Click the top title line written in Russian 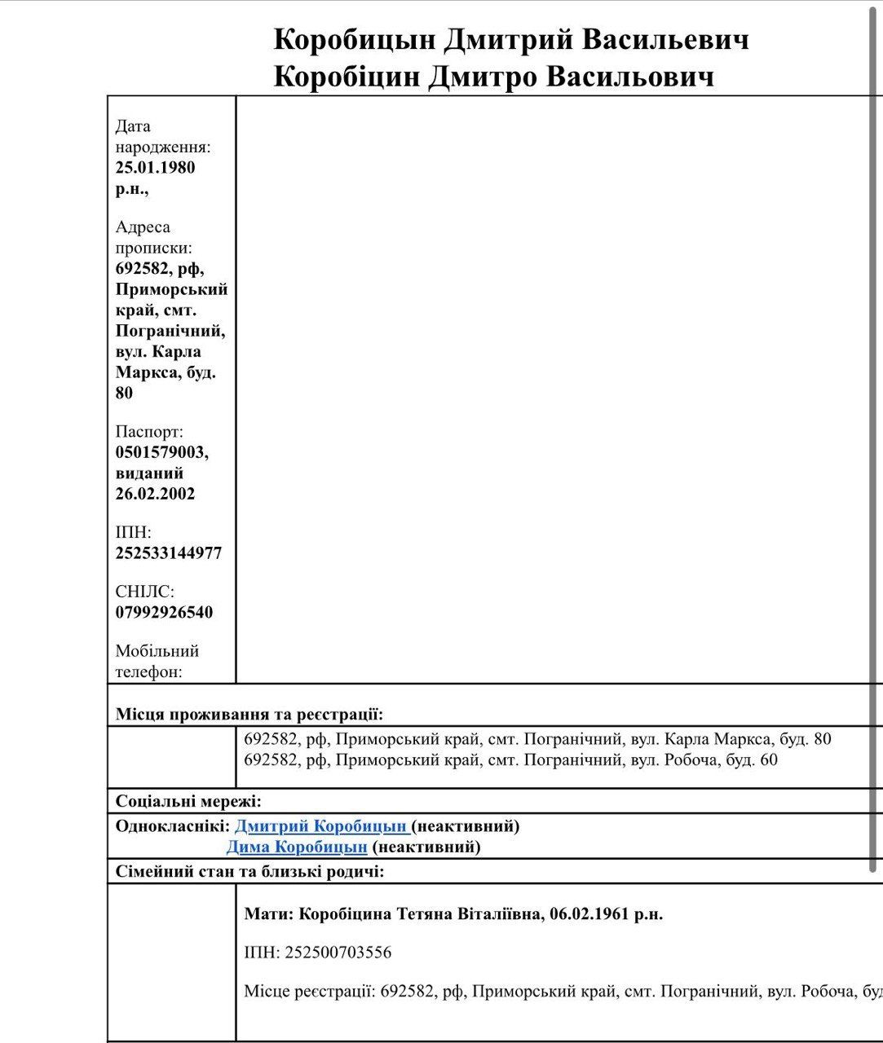[510, 40]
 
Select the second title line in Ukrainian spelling [493, 77]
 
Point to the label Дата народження [162, 137]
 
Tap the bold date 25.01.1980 [155, 168]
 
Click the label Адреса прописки [153, 237]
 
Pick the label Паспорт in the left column [149, 432]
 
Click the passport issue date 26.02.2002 [155, 494]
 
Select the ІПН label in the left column [133, 533]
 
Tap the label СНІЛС [144, 592]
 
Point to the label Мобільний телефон [157, 661]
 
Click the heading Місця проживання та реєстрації [249, 715]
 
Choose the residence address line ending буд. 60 [510, 760]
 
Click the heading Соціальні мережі [188, 802]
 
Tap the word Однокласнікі [172, 826]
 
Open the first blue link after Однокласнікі [320, 826]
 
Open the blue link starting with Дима [297, 847]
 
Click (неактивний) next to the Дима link [426, 847]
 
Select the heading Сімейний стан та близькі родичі [249, 872]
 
